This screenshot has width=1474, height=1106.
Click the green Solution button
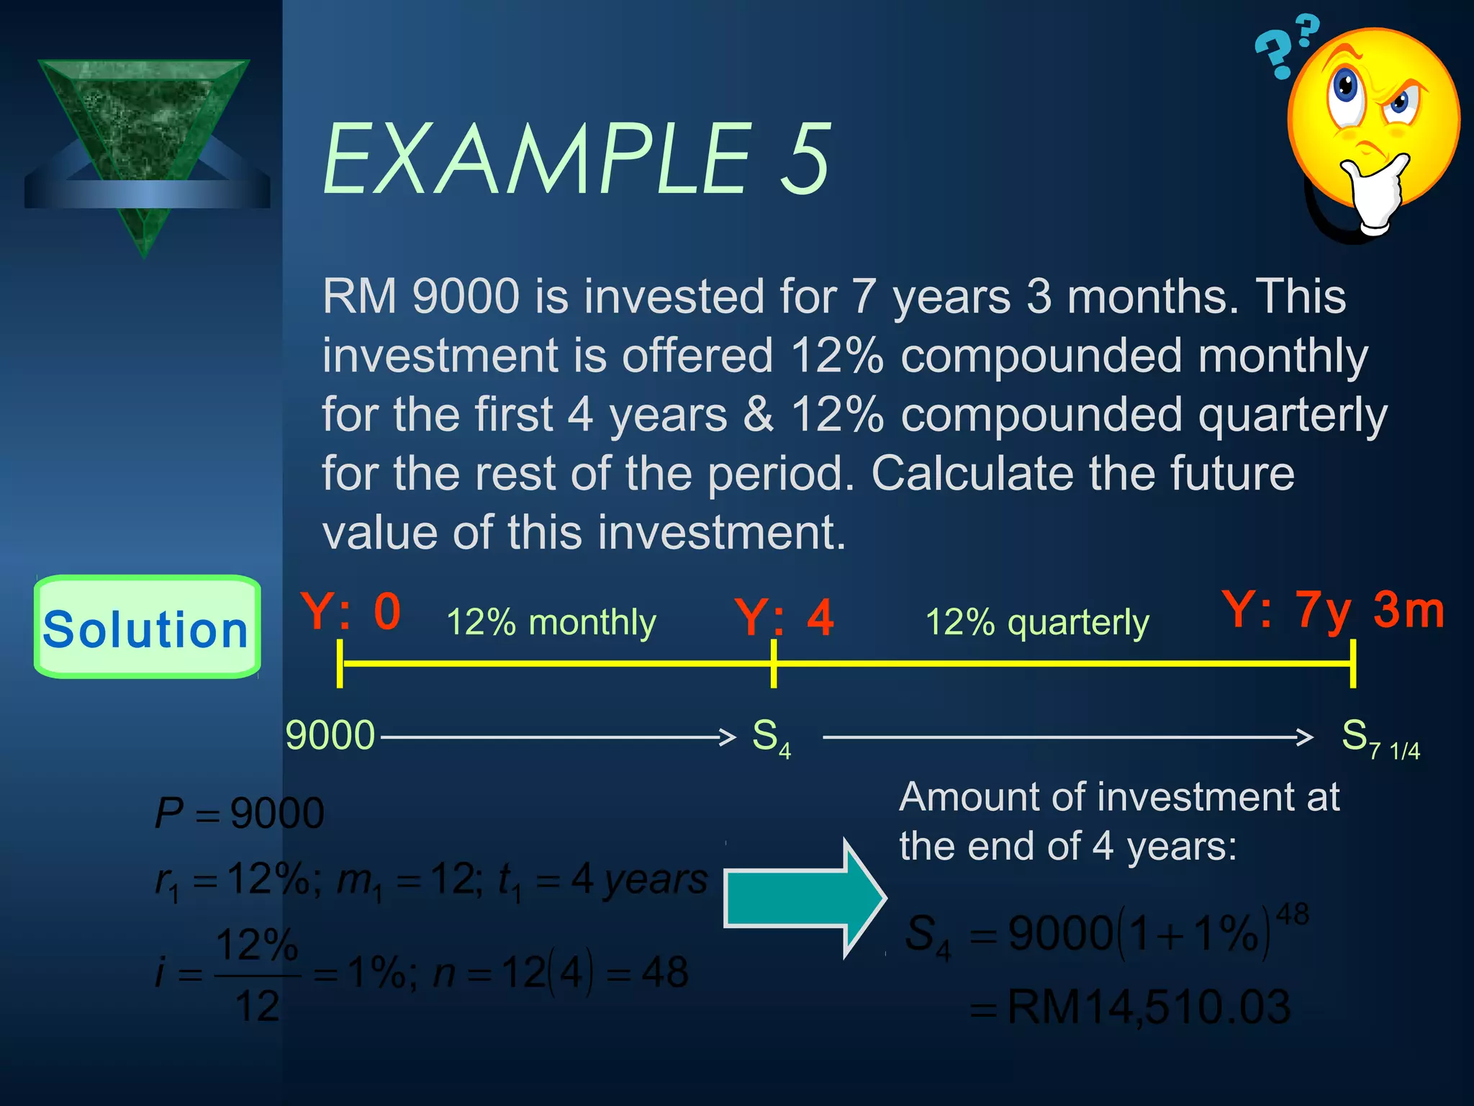147,627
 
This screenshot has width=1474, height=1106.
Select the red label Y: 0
351,612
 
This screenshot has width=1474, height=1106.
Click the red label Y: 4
784,618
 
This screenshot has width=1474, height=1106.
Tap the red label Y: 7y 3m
1333,611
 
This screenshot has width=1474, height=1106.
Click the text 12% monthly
551,622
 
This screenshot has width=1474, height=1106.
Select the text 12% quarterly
1036,622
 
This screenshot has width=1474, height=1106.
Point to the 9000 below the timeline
330,735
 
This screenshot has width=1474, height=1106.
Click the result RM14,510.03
1147,1007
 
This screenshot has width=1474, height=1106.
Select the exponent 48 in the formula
1292,914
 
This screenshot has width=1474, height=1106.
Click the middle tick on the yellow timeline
774,663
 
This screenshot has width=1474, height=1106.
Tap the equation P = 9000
239,814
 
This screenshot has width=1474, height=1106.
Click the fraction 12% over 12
257,975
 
